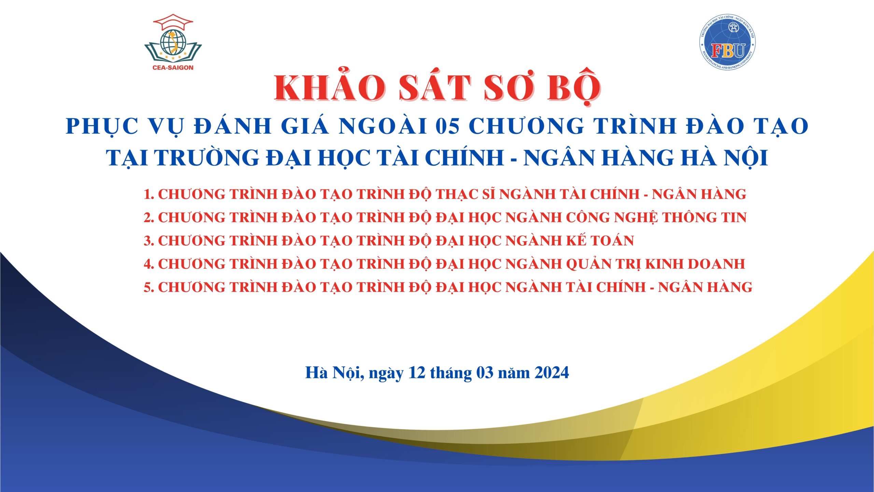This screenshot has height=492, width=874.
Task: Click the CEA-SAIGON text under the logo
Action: point(173,68)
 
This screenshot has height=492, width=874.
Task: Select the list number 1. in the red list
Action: point(149,194)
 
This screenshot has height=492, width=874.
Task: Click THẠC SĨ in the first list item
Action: point(466,194)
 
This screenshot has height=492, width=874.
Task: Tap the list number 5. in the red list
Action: point(149,287)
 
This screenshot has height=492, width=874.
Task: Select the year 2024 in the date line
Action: point(552,372)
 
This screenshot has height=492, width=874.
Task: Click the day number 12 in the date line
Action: point(417,372)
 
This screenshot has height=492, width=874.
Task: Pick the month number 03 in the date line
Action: point(485,372)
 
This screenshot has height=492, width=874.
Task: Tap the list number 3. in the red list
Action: point(149,241)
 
